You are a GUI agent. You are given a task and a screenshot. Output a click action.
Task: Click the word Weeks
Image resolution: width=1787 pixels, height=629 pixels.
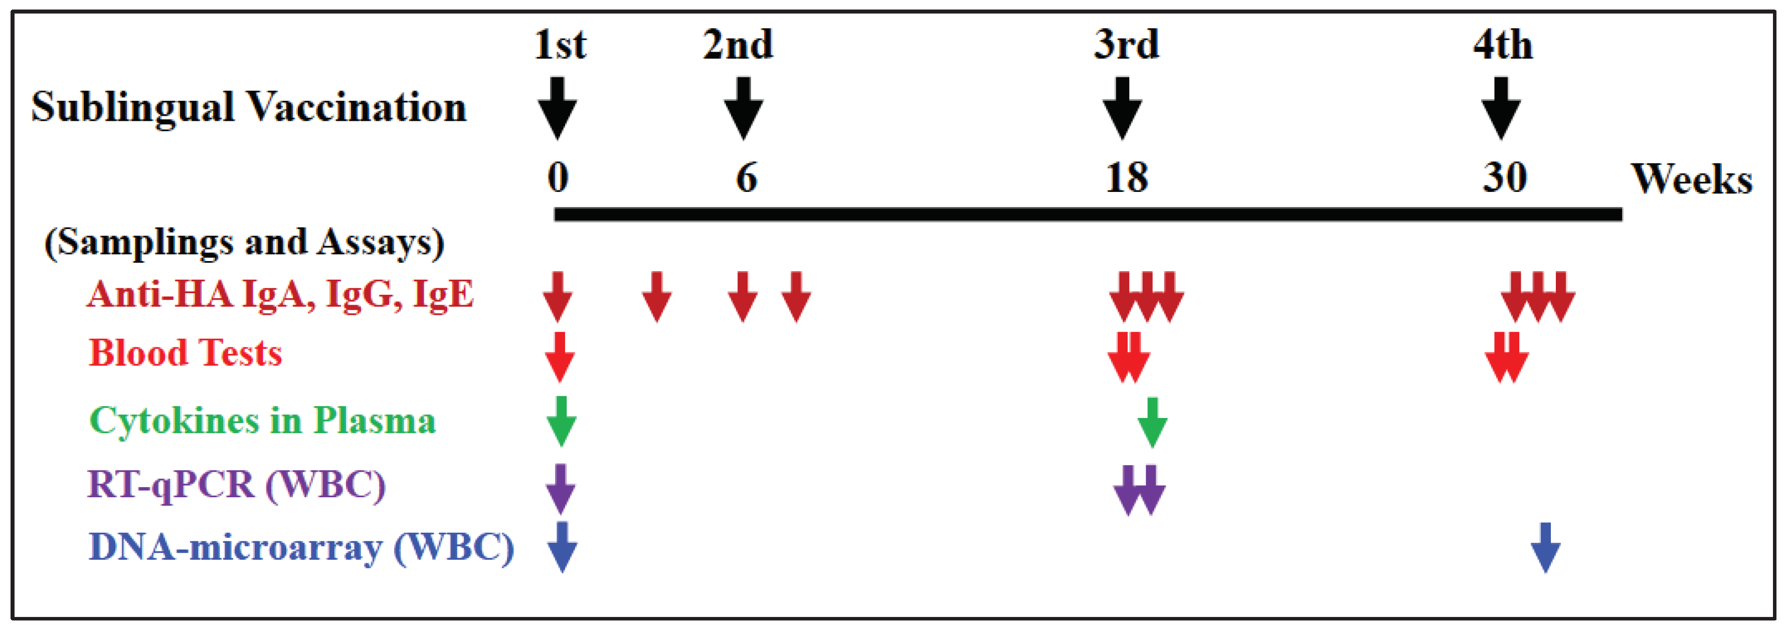(1691, 179)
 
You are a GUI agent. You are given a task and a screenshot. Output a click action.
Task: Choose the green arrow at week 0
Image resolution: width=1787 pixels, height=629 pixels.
(561, 421)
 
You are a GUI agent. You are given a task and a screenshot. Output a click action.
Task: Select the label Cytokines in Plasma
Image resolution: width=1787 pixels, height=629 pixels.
(262, 421)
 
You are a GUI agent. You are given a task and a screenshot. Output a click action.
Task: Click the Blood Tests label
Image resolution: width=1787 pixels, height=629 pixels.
(185, 353)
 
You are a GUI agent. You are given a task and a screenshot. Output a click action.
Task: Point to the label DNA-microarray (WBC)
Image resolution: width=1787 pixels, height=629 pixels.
(301, 548)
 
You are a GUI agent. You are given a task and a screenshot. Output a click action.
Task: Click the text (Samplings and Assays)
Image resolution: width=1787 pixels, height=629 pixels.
(244, 243)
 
